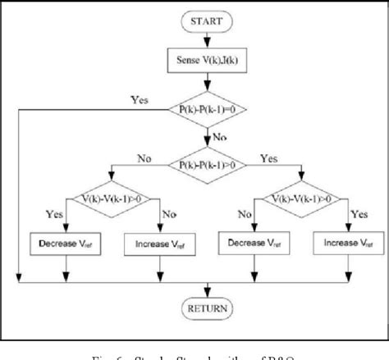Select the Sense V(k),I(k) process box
pyautogui.click(x=208, y=60)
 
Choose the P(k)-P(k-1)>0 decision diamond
pyautogui.click(x=208, y=164)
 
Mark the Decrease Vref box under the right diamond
pyautogui.click(x=256, y=243)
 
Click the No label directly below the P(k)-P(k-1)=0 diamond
pyautogui.click(x=220, y=137)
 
